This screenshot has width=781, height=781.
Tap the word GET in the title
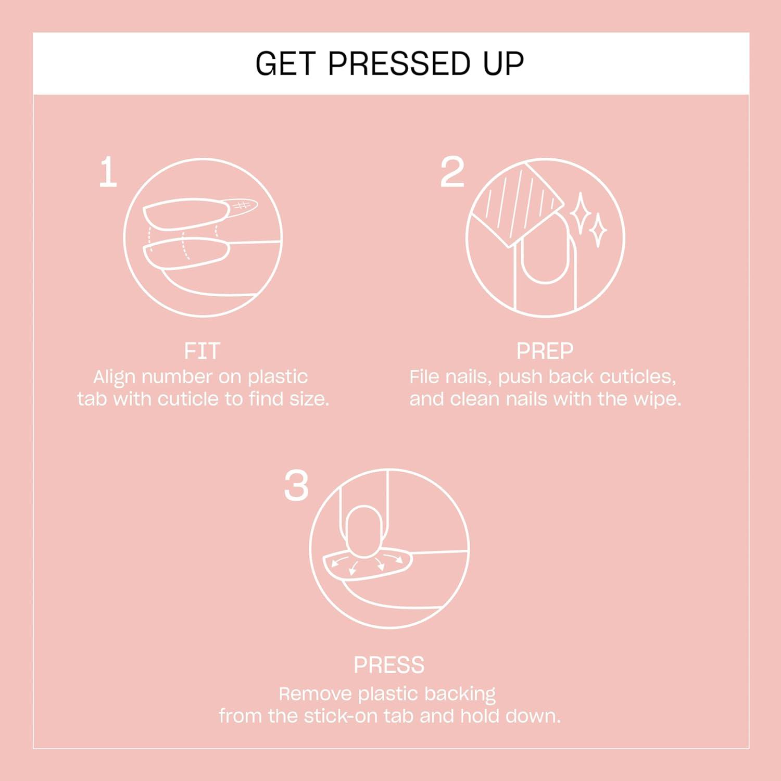[x=285, y=64]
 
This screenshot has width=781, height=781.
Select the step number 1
[x=108, y=173]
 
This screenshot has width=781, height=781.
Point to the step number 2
[x=451, y=173]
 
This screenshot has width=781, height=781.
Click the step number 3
[x=296, y=486]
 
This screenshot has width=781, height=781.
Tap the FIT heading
[x=202, y=351]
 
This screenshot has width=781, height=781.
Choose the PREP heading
[x=545, y=351]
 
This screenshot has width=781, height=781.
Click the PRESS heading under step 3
[x=389, y=665]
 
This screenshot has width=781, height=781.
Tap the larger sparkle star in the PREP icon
[x=580, y=214]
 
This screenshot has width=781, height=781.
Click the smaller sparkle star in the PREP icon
[x=598, y=230]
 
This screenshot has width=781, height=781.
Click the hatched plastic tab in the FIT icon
[x=242, y=206]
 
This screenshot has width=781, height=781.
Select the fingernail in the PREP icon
[x=545, y=250]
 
